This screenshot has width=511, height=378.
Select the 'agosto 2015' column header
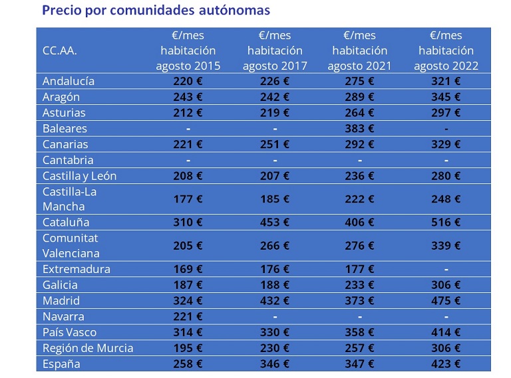[x=188, y=50]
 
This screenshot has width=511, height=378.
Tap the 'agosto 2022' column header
[x=446, y=50]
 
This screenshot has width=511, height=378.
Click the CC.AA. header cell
[x=55, y=50]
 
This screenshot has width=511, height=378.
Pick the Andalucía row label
[x=69, y=81]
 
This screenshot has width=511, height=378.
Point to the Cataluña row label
[x=66, y=223]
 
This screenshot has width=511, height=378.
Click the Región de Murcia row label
[x=88, y=348]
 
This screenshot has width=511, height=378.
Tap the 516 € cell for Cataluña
[x=446, y=223]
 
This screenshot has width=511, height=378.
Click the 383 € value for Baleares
[x=360, y=128]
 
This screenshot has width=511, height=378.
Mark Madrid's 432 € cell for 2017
[x=275, y=301]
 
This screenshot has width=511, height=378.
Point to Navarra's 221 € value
[x=188, y=317]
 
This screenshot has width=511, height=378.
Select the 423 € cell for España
[x=446, y=364]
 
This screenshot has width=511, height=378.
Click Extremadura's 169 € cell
[x=188, y=269]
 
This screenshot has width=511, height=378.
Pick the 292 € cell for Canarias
[x=360, y=144]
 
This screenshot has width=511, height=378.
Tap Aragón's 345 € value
[x=446, y=97]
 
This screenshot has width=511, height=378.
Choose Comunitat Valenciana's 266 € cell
[x=275, y=246]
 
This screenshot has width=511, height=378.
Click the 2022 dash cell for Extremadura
[x=446, y=269]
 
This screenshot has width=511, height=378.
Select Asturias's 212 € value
[x=188, y=113]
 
